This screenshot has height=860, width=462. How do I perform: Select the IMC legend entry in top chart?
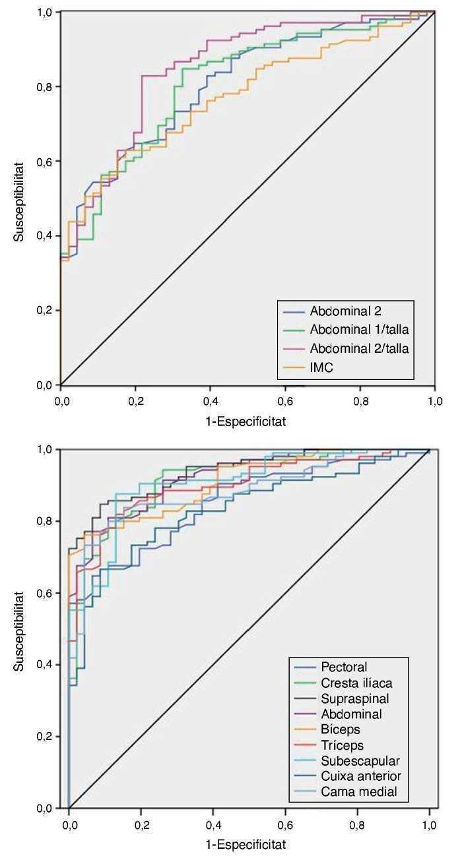tap(321, 367)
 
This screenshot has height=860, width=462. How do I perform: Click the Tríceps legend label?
tap(341, 745)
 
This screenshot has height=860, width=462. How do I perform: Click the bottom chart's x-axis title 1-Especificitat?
tap(247, 843)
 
